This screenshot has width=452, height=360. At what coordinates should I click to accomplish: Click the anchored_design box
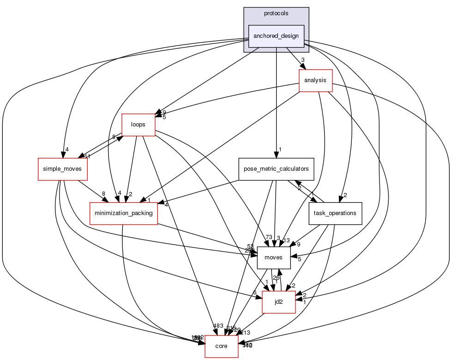(x=276, y=36)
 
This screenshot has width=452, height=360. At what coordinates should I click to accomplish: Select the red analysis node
(x=315, y=80)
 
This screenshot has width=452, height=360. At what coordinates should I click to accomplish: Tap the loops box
(x=138, y=125)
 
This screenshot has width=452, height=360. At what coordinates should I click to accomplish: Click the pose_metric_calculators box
(x=276, y=169)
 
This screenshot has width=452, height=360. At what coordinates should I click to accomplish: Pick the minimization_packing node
(x=124, y=213)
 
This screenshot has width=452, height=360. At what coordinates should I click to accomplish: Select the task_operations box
(x=335, y=213)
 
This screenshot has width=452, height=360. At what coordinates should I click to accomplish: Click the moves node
(x=273, y=258)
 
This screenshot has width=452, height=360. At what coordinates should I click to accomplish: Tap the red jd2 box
(x=278, y=302)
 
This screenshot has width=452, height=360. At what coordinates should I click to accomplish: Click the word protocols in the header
(x=276, y=13)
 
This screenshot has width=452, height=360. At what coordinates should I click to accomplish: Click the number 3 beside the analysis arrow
(x=302, y=60)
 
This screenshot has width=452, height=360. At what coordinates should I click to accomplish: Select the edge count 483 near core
(x=218, y=326)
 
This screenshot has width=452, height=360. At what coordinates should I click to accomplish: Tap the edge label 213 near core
(x=245, y=332)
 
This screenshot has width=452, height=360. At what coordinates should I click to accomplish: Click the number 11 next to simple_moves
(x=87, y=156)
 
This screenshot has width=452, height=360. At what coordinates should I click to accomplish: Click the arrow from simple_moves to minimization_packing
(x=92, y=191)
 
